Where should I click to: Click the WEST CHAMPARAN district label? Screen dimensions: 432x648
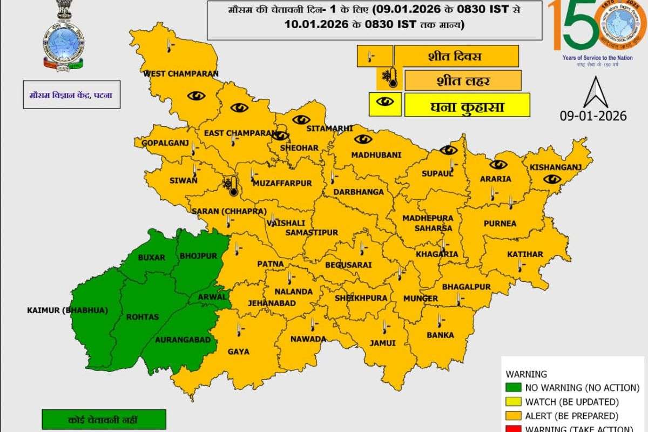(180, 73)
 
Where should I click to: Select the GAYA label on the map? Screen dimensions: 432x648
(238, 352)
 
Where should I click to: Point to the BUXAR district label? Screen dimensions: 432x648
(151, 258)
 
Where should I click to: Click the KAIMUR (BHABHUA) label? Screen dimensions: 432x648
(67, 310)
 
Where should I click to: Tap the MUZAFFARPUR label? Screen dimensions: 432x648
(282, 183)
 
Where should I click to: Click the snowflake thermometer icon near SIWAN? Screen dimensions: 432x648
(231, 186)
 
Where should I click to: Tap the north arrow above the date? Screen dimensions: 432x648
(596, 93)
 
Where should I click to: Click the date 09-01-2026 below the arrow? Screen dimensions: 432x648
(593, 116)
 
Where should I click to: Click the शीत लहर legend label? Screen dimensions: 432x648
(462, 81)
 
